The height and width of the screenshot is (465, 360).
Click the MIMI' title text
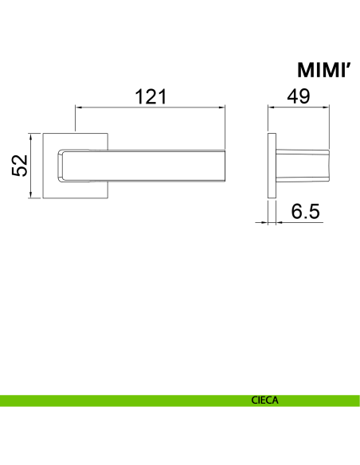click(x=324, y=70)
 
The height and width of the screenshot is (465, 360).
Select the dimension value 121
click(x=151, y=96)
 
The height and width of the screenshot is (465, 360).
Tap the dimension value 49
click(x=299, y=96)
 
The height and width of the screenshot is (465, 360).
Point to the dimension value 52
click(x=20, y=166)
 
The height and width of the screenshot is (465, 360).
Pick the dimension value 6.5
click(x=305, y=211)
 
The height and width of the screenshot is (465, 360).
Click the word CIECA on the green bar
click(x=264, y=401)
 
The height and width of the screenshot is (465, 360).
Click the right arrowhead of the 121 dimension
click(x=221, y=107)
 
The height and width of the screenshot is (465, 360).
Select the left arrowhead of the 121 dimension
click(x=79, y=107)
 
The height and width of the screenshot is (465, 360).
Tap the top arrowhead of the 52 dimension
click(x=30, y=137)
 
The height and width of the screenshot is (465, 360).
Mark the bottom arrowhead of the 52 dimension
click(x=30, y=195)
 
